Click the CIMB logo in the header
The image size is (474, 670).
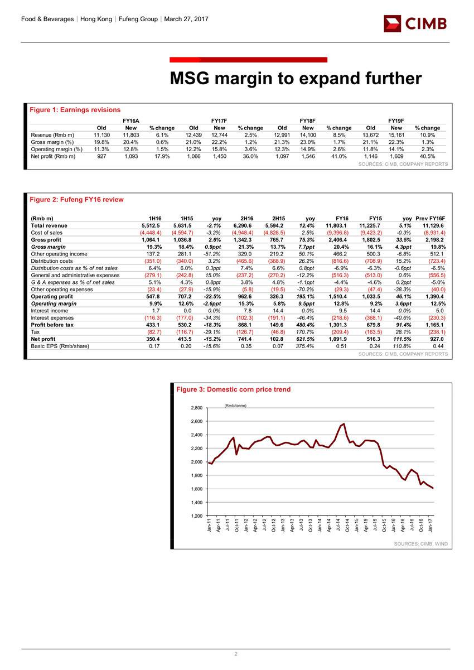click(x=415, y=23)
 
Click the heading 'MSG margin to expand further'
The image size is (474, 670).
click(x=296, y=79)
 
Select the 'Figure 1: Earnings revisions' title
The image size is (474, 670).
click(x=75, y=109)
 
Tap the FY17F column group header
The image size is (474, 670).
click(x=219, y=120)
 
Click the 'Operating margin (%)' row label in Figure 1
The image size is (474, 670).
click(x=56, y=150)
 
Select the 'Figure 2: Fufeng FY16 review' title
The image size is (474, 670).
click(x=77, y=200)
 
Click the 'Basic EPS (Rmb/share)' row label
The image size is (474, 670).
click(x=60, y=346)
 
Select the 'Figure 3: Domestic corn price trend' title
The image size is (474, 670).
click(x=233, y=389)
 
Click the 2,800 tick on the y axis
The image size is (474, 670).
click(x=195, y=408)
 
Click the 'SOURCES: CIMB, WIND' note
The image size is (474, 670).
click(x=421, y=543)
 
